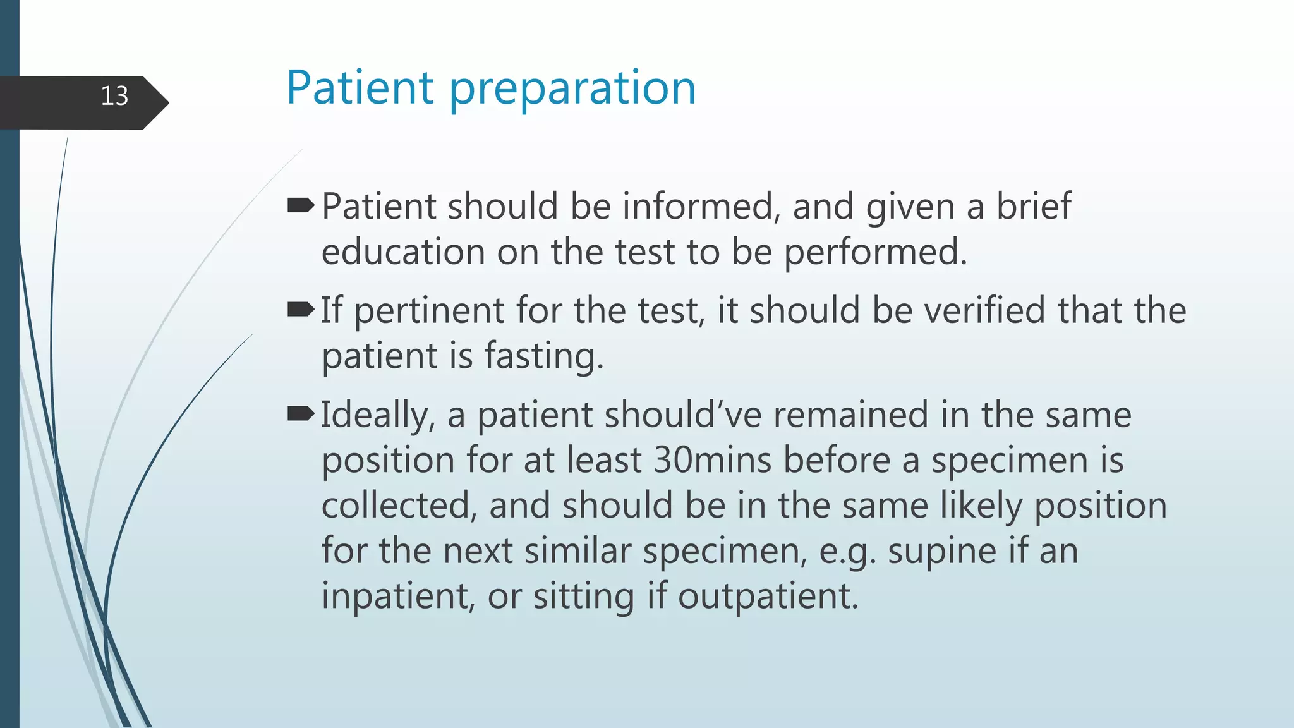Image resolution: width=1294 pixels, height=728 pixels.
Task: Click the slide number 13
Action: coord(114,96)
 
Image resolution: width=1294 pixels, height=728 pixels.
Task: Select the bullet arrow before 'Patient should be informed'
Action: coord(301,205)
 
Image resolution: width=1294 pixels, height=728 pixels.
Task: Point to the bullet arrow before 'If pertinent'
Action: coord(301,310)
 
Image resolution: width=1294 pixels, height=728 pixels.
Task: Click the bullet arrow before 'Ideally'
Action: coord(301,414)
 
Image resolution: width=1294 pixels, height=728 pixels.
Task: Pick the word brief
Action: coord(1034,207)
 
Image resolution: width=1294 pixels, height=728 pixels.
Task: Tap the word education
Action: coord(403,252)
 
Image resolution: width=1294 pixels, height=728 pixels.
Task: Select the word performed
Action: coord(876,252)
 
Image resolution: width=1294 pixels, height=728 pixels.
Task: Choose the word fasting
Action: coord(544,356)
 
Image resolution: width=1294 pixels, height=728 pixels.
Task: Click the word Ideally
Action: coord(378,416)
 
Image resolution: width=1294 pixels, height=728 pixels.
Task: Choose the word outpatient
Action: coord(768,597)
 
